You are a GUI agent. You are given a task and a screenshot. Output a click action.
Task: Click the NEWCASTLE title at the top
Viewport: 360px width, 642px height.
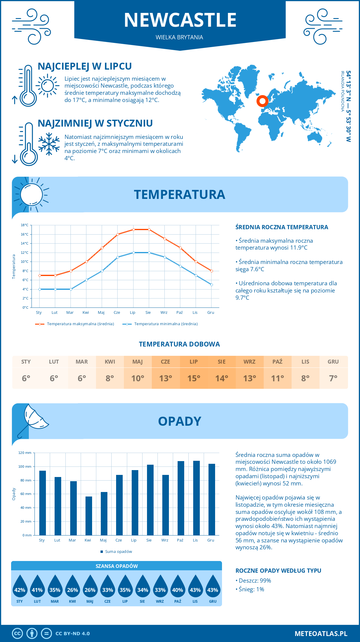pos(180,20)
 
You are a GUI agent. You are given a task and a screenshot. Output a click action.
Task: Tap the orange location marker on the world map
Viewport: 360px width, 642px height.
pos(262,101)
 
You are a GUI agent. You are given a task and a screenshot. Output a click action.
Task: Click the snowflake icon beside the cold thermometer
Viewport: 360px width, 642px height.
pos(49,144)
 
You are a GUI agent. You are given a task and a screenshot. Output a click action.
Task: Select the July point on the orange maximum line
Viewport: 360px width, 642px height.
pos(133,229)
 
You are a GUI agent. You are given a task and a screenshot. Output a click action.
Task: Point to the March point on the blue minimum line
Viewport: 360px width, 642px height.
pos(71,289)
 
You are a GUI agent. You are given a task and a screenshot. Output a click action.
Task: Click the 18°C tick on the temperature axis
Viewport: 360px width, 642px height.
pos(25,225)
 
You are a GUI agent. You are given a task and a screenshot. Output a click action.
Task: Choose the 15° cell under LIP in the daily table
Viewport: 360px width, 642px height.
pos(194,378)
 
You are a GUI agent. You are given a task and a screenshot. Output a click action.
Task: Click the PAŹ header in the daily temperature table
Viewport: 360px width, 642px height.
pos(277,361)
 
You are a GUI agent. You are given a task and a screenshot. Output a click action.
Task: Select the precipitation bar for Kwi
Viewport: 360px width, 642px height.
pos(89,516)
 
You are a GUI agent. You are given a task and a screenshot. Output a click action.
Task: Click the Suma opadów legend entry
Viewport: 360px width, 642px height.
pos(118,551)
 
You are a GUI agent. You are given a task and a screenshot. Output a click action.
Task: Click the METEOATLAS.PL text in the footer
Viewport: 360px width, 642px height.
pos(321,634)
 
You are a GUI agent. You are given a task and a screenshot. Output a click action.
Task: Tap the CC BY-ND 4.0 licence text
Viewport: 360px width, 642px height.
pos(73,634)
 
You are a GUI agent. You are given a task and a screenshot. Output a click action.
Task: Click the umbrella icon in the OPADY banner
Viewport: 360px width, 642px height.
pos(33,419)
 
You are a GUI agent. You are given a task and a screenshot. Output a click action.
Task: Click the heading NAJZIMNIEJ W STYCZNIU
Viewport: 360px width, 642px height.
pos(95,123)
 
